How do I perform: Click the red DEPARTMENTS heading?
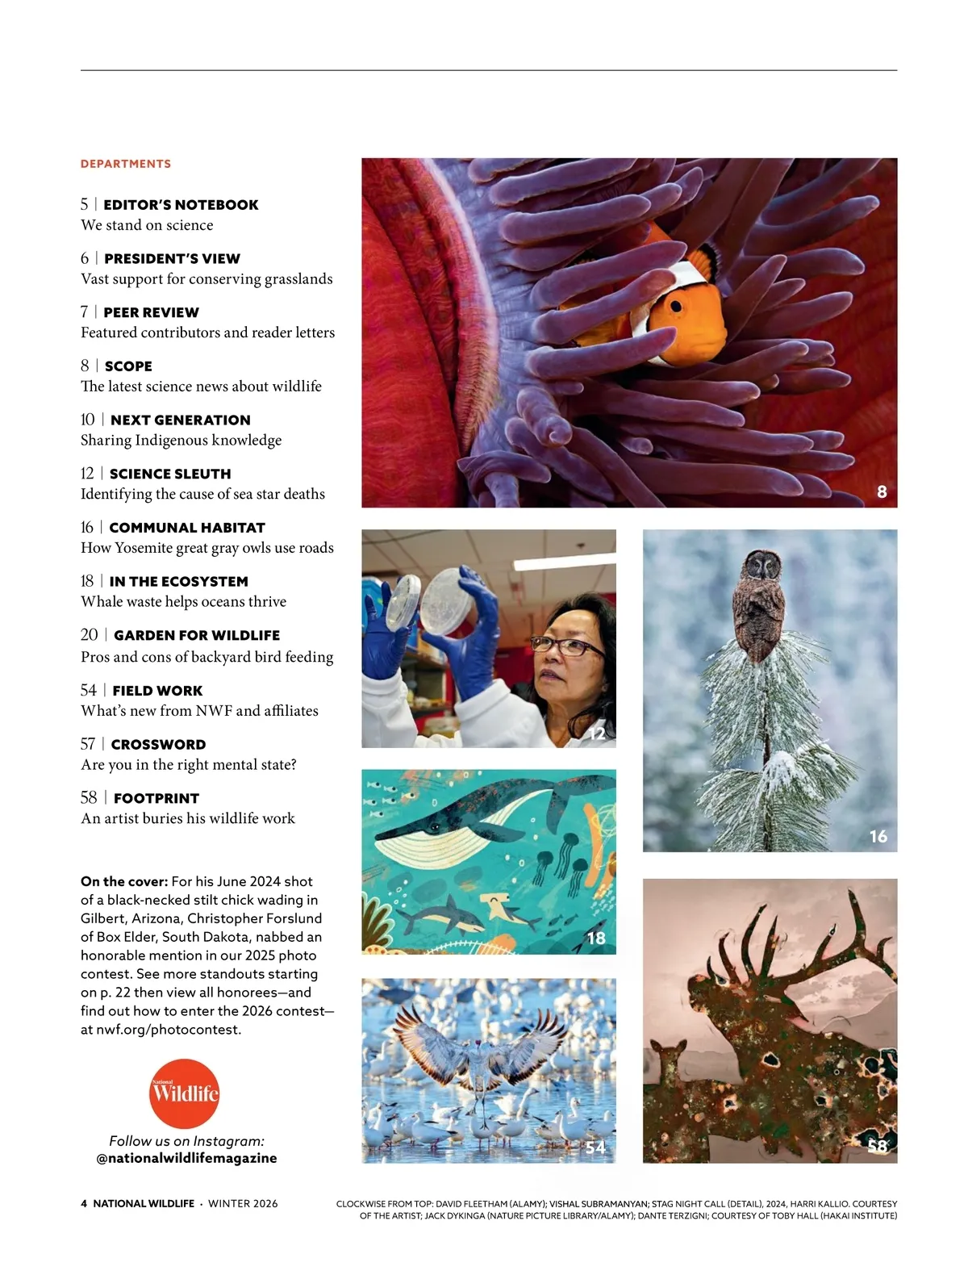(126, 164)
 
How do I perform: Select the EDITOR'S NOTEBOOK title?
(181, 205)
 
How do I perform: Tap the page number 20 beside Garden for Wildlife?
(89, 635)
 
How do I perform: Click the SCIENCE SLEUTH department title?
(170, 474)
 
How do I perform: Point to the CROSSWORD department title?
(158, 744)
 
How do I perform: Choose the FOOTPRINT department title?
(156, 798)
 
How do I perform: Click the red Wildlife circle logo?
(185, 1093)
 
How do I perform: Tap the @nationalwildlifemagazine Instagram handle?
(186, 1158)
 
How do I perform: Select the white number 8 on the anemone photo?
(882, 491)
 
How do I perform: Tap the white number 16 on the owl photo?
(878, 837)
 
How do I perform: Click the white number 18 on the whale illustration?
(596, 938)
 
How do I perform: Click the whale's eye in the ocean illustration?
(436, 826)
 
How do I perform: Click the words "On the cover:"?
(124, 881)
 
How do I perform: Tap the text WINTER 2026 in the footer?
(243, 1203)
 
